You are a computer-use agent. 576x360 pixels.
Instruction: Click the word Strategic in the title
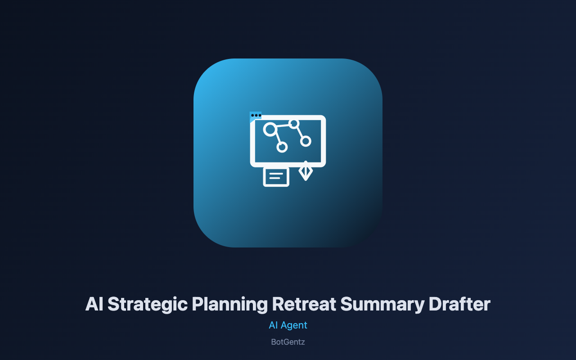148,305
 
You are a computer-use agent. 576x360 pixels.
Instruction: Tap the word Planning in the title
230,305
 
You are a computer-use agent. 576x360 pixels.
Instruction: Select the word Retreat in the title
304,304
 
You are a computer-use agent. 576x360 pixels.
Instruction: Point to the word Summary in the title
382,305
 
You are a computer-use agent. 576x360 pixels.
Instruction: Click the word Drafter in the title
459,304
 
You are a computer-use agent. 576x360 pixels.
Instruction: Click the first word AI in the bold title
94,304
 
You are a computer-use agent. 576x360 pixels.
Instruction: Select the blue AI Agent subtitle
288,325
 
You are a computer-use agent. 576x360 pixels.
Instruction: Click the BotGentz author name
288,342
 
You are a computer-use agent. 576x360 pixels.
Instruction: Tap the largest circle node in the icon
270,129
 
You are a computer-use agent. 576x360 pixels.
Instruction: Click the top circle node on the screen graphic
294,124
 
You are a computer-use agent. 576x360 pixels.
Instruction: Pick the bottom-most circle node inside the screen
282,147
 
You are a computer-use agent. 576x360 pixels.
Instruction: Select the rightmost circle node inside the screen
306,141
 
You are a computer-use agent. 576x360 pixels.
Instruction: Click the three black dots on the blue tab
256,116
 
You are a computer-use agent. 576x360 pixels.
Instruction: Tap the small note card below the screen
276,176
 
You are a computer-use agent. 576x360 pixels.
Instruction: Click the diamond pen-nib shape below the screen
306,171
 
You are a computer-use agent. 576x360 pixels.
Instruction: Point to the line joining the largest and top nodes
283,126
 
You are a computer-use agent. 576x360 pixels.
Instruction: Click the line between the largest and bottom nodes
278,138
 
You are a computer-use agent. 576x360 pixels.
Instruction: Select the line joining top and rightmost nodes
300,132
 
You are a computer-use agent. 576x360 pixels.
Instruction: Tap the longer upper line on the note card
276,174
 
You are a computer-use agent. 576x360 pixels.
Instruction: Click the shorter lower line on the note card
274,178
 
